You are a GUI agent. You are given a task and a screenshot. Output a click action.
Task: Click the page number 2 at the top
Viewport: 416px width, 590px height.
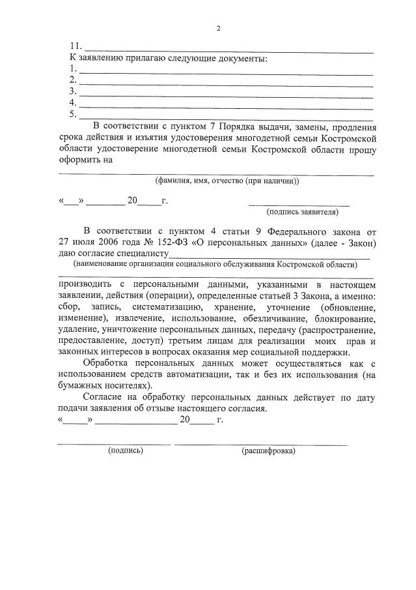219,28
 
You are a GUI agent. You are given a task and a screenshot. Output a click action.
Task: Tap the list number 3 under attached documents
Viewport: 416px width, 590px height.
73,91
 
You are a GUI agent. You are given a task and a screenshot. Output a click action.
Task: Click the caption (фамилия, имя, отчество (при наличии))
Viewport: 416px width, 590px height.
227,181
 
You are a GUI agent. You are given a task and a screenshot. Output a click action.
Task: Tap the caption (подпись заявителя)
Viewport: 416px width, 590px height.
302,212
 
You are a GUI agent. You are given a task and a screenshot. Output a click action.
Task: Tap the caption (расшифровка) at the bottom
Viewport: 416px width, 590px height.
268,450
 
